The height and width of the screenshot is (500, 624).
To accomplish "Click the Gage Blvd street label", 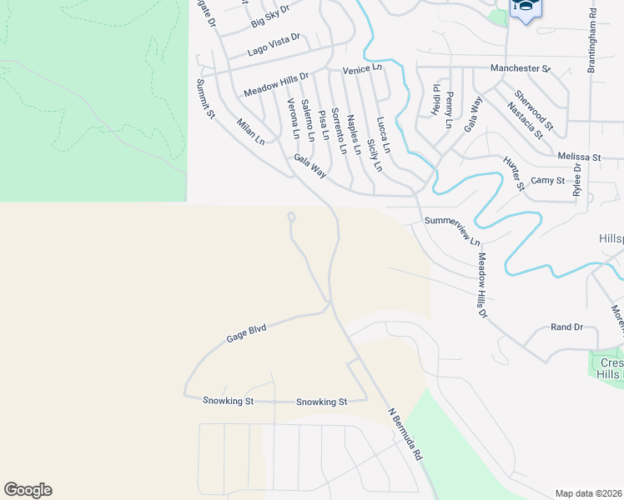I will pyautogui.click(x=246, y=333).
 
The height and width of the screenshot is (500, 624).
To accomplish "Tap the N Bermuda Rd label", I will pyautogui.click(x=406, y=435).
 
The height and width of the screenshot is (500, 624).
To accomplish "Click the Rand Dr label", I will pyautogui.click(x=567, y=327).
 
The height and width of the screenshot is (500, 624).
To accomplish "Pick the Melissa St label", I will pyautogui.click(x=580, y=157).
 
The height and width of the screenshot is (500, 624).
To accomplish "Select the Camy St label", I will pyautogui.click(x=548, y=180).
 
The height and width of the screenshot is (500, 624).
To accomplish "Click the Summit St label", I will pyautogui.click(x=206, y=98).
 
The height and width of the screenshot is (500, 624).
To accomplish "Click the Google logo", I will pyautogui.click(x=28, y=490).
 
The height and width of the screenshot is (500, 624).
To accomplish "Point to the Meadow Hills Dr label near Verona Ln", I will pyautogui.click(x=276, y=83).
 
